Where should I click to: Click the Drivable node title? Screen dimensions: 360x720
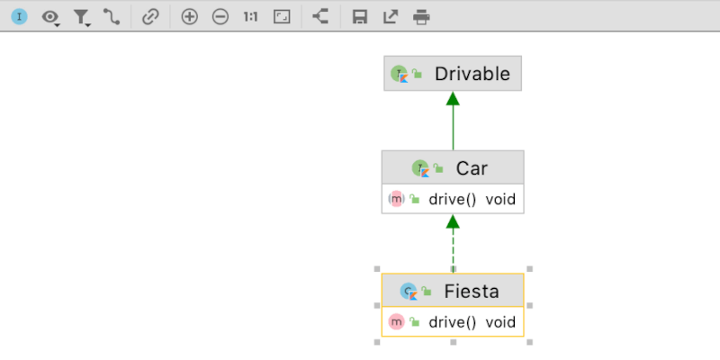[x=472, y=74]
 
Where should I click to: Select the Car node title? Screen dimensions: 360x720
[x=472, y=167]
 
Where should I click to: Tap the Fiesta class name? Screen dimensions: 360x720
[x=471, y=291]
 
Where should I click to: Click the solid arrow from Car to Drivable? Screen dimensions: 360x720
[x=453, y=121]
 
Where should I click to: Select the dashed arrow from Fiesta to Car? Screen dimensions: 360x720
[x=453, y=245]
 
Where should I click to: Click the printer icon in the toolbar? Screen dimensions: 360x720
[x=420, y=16]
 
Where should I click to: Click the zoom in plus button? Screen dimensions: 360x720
[x=189, y=16]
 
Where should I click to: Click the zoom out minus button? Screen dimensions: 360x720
[x=220, y=16]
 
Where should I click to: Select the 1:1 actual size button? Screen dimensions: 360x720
[x=251, y=16]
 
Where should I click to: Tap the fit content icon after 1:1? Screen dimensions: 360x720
[x=282, y=16]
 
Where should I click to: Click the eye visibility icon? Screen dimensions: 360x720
[x=50, y=16]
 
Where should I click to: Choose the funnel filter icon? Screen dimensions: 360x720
[x=81, y=16]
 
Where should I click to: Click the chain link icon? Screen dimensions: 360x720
[x=150, y=16]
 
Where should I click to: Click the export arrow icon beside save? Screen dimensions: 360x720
[x=390, y=16]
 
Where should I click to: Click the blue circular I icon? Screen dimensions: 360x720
[x=19, y=16]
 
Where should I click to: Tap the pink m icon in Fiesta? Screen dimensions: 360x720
[x=396, y=321]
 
